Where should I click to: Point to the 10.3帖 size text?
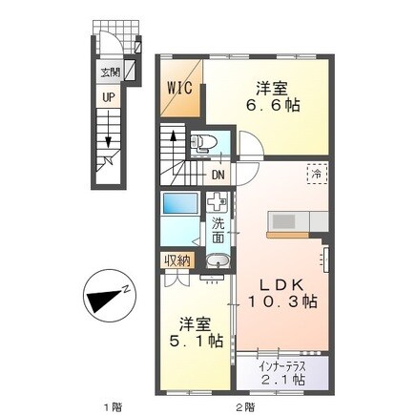coord(284,302)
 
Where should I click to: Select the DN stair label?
coord(218,175)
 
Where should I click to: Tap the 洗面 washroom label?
coord(218,231)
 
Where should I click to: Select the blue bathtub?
coord(177,205)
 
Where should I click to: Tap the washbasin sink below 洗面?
coord(218,263)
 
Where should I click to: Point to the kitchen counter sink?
coord(283,222)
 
